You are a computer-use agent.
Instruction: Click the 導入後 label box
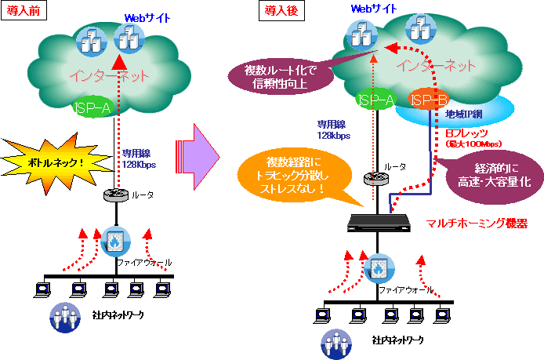(278, 9)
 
